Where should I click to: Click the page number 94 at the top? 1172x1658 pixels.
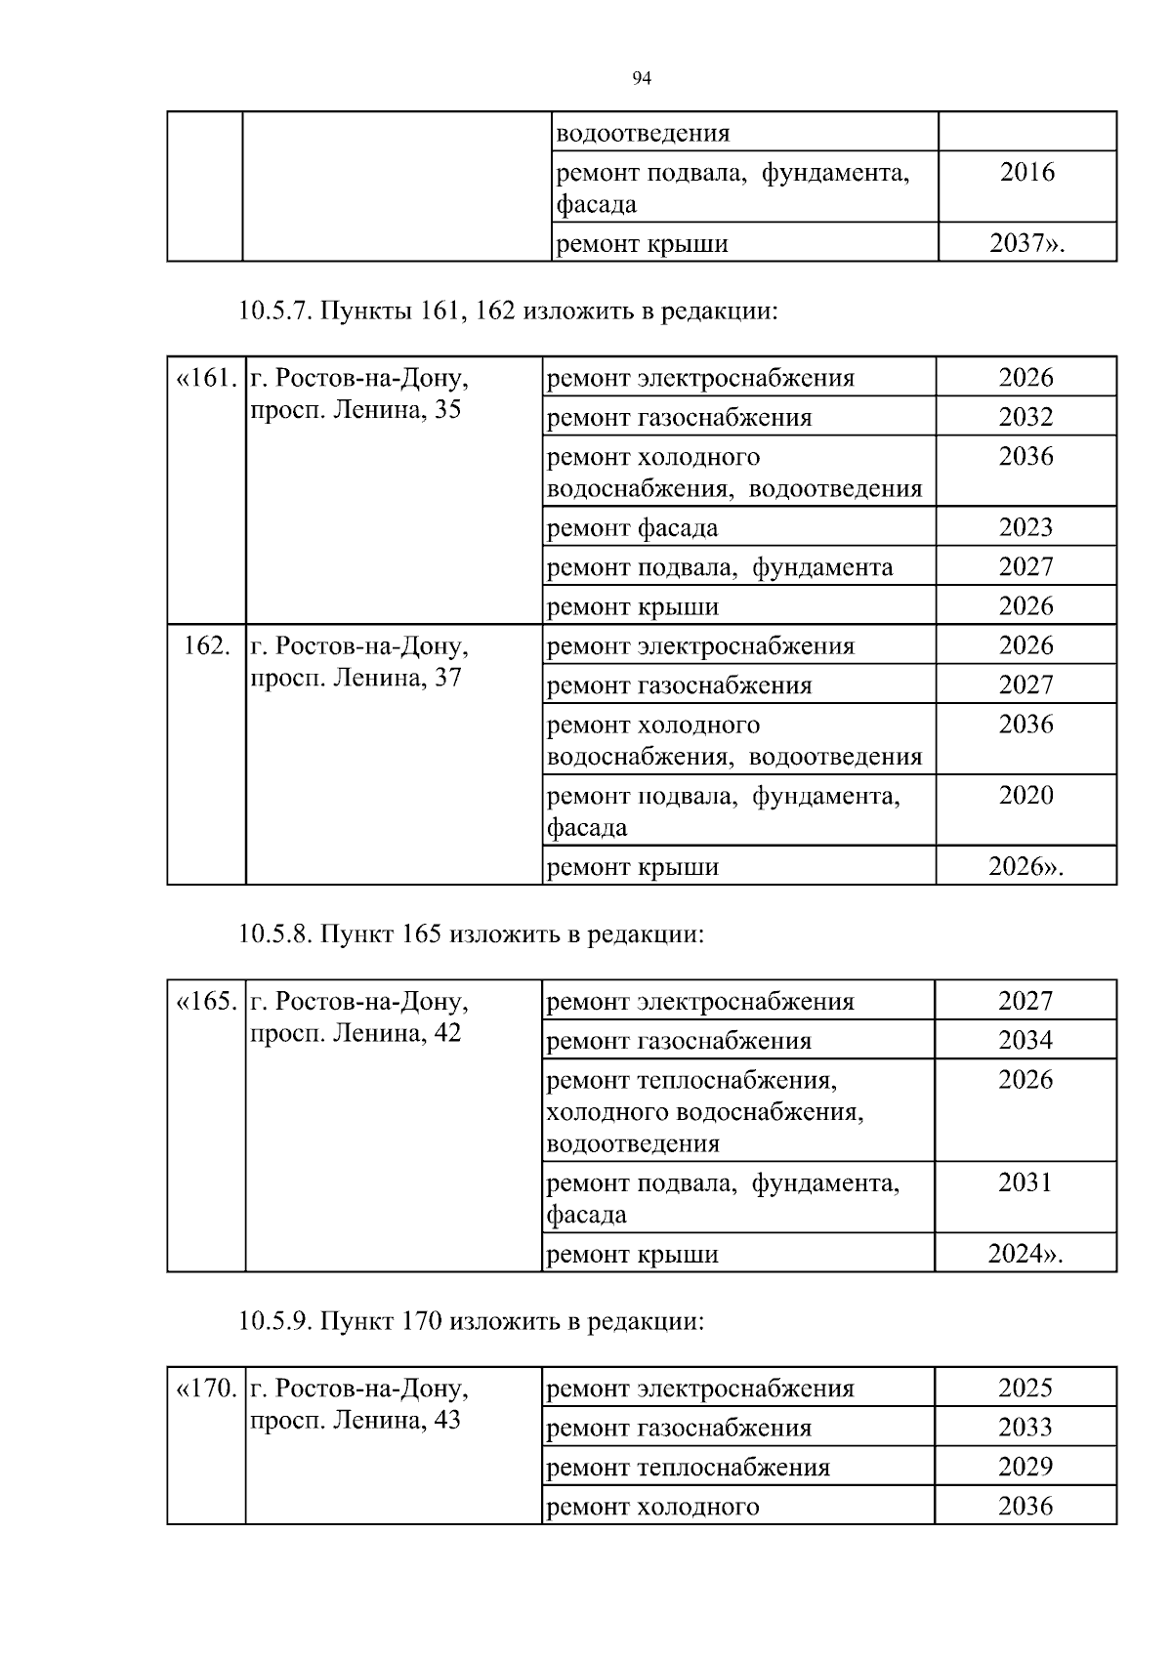tap(642, 79)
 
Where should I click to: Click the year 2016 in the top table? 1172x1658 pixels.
tap(1027, 173)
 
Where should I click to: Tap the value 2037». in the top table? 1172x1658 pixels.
tap(1026, 243)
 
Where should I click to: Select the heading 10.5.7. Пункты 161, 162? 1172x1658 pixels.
tap(508, 311)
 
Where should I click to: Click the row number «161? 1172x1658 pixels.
tap(206, 378)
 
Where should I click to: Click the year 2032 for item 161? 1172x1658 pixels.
tap(1025, 417)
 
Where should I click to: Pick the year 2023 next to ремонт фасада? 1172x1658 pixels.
tap(1025, 527)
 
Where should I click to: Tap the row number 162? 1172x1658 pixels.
tap(207, 645)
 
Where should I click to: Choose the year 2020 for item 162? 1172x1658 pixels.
tap(1025, 795)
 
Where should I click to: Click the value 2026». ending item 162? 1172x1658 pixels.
tap(1025, 866)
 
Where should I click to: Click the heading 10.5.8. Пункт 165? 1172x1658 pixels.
tap(471, 933)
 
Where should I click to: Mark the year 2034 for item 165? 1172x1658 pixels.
tap(1025, 1040)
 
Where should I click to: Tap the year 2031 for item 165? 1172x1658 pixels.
tap(1025, 1182)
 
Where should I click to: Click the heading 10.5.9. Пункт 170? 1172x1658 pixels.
tap(471, 1321)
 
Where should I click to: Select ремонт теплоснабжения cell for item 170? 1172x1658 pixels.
tap(689, 1467)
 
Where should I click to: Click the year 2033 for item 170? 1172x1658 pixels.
tap(1025, 1428)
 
